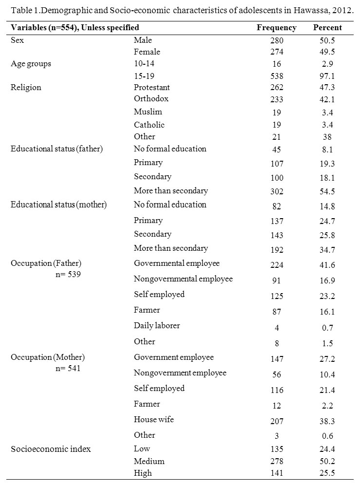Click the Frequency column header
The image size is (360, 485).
coord(276,28)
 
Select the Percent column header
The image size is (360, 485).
coord(327,28)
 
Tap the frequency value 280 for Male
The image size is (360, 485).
coord(277,40)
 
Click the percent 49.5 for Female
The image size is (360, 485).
coord(327,52)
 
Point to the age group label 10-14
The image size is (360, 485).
coord(144,63)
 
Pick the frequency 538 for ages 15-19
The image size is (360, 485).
coord(277,76)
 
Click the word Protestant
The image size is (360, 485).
coord(152,88)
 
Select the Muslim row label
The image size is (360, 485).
coord(148,112)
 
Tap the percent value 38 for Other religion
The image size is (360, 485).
coord(327,137)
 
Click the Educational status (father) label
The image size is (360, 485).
coord(57,149)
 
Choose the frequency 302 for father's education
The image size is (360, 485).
coord(277,191)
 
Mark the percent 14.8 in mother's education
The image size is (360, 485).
coord(327,206)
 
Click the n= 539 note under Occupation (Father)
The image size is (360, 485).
coord(68,274)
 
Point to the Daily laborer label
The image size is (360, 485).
coord(157,326)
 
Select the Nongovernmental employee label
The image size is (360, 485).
coord(183,279)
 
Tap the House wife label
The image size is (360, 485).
coord(154,419)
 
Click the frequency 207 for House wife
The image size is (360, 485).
coord(277,421)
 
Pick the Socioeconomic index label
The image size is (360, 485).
coord(51,449)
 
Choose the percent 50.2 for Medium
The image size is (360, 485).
coord(327,461)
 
